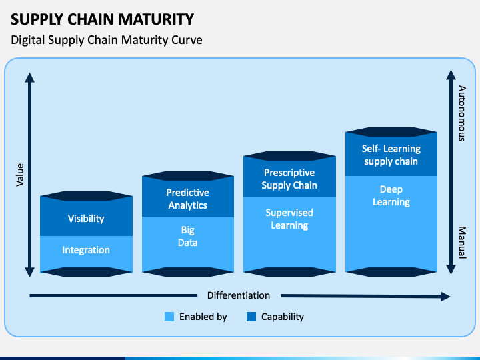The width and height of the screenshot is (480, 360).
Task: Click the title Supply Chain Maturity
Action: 102,19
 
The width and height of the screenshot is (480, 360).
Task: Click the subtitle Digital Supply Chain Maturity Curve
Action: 107,40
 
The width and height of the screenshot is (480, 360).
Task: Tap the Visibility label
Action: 86,219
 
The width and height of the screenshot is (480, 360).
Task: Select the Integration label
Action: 86,250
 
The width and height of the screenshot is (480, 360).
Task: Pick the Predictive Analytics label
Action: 187,199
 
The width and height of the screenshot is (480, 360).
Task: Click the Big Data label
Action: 187,236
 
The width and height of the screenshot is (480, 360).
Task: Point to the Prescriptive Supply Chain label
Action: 289,179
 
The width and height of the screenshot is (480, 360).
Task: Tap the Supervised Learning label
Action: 289,219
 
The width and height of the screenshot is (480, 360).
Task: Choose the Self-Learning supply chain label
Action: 391,155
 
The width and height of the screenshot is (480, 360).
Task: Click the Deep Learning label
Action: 391,196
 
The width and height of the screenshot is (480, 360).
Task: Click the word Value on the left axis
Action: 20,175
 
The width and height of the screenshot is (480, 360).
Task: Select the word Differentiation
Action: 239,295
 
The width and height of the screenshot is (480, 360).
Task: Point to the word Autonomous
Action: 462,113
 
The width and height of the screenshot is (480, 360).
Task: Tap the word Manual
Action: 462,243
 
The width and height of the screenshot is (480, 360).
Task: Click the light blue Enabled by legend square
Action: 169,317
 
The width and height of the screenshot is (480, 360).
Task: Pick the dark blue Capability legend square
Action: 251,317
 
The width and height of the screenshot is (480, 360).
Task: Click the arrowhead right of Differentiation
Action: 445,296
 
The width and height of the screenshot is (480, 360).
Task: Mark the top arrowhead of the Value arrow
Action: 30,77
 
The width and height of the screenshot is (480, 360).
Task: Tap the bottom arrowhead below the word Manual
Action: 451,269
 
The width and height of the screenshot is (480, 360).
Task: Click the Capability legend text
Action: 283,317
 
